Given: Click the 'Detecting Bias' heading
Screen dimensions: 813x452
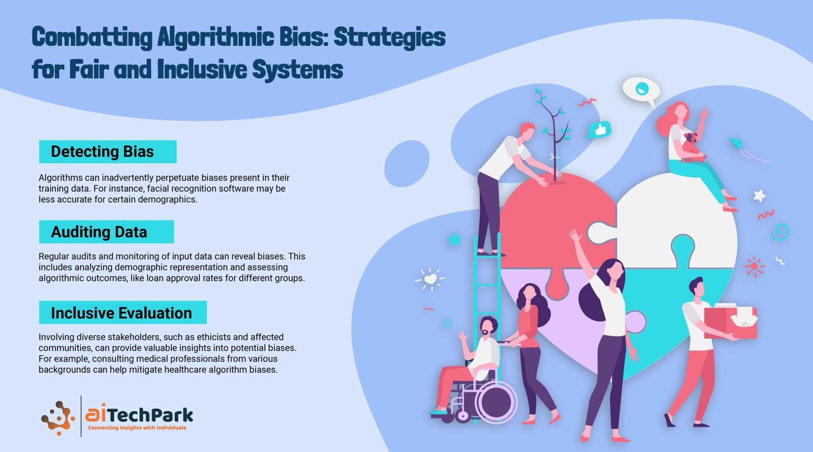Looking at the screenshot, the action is coord(102,152).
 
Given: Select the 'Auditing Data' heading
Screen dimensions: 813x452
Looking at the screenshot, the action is coord(99,232).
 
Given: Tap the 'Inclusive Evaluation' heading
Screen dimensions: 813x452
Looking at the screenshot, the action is coord(121,313).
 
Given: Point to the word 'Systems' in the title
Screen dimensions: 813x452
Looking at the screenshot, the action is coord(298,69).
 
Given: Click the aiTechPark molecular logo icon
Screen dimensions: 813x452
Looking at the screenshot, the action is coord(58,418).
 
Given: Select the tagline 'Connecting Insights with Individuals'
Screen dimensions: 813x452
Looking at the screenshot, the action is coord(137,428).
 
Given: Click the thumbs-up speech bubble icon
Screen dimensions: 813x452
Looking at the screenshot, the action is coord(599,130).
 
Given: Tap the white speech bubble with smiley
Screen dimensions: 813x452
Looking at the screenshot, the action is coord(641,89).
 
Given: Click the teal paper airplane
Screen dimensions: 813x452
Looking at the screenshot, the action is coord(737,143).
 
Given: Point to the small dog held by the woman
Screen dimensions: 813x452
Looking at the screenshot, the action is coord(692,146).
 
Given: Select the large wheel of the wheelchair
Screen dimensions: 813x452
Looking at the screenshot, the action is coord(496,402).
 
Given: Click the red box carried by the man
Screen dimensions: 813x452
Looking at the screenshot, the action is coord(730,322).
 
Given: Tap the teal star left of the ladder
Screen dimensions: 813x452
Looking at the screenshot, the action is coord(454,239).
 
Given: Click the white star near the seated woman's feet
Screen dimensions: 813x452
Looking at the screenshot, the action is coord(759,196).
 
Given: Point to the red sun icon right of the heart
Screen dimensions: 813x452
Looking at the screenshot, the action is coord(754,267).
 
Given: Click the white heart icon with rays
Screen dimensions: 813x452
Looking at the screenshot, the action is coord(430,279).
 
